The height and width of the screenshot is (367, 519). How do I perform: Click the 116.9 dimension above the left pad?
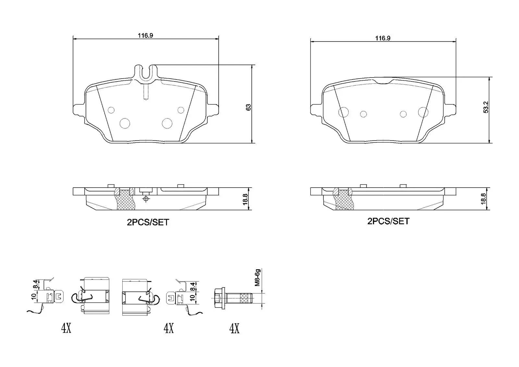(x=146, y=35)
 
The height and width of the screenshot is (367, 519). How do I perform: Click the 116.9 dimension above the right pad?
(x=383, y=38)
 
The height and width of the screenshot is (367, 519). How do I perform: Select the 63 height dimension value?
(x=248, y=107)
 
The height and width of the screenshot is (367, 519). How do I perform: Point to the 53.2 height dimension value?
(x=486, y=107)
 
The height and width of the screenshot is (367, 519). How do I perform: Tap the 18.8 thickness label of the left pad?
(x=245, y=199)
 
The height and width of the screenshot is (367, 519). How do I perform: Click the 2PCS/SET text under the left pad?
(x=148, y=222)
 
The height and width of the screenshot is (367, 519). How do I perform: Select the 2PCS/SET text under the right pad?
(x=388, y=221)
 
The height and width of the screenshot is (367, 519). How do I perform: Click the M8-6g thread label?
(x=258, y=277)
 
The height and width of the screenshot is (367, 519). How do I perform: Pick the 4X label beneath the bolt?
(x=234, y=329)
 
